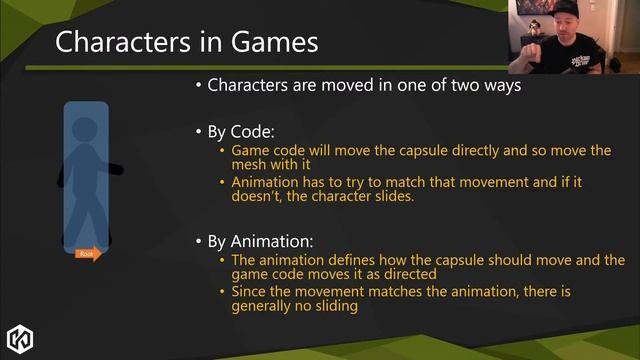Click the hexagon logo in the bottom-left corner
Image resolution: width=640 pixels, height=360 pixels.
[x=21, y=337]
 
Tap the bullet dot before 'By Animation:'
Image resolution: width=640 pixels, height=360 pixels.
[x=199, y=242]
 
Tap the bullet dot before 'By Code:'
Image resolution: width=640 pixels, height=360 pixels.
[x=199, y=132]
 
